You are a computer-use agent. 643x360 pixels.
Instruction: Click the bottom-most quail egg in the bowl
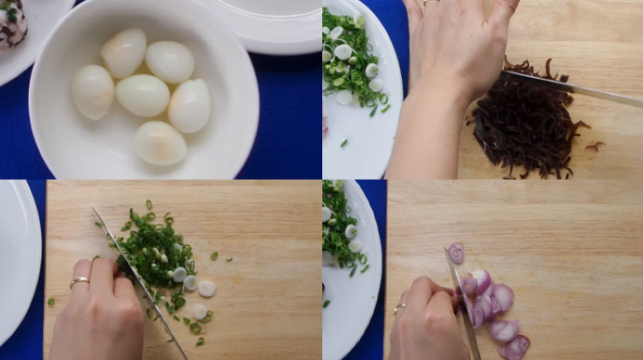pos(159,143)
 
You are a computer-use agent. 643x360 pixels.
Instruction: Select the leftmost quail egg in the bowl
pos(92,92)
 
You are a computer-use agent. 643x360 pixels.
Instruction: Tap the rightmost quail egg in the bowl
pos(190,106)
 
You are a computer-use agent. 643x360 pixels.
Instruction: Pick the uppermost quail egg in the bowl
pos(125,52)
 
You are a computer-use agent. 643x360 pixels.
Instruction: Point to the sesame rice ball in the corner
pos(11,24)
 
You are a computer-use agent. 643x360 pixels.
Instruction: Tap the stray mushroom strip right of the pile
pos(595,146)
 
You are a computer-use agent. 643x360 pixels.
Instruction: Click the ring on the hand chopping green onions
pos(80,282)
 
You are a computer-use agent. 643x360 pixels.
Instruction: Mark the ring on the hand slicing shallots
pos(399,308)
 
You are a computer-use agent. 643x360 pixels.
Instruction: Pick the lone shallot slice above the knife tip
pos(457,253)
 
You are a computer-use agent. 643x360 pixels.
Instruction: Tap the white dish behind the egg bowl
pos(273,24)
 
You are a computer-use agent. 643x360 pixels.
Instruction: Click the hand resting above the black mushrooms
pos(454,48)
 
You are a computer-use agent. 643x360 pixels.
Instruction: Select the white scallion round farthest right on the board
pos(207,288)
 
